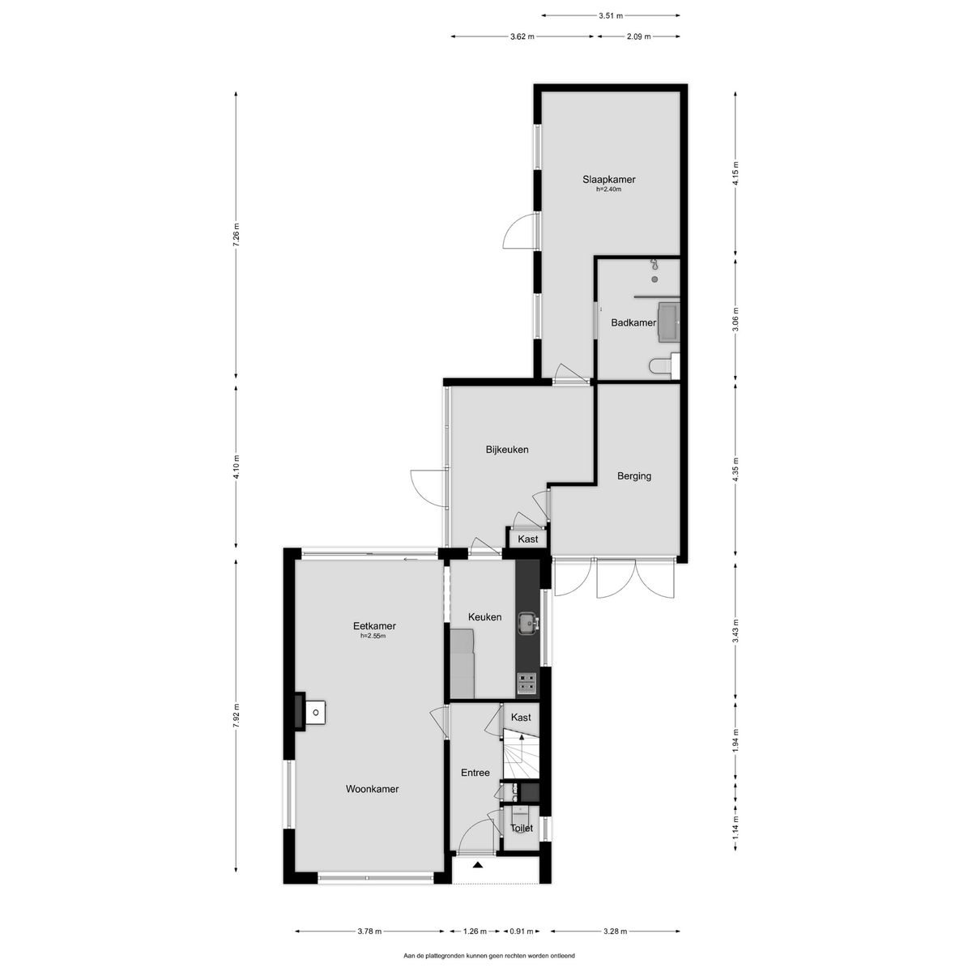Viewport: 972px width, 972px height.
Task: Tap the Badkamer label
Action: [633, 322]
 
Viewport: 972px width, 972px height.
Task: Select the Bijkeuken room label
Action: [507, 450]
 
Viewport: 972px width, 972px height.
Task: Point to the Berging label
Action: [633, 476]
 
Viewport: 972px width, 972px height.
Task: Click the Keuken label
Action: [484, 617]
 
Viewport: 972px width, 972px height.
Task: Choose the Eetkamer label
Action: [373, 625]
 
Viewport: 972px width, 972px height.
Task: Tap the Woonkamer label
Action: [372, 789]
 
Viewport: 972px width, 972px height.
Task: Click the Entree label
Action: [475, 773]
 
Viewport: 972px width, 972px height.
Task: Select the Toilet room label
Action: [522, 829]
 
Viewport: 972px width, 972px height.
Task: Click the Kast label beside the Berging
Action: [528, 539]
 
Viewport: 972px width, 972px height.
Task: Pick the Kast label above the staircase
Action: [521, 718]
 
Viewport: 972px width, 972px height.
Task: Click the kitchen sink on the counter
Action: [528, 621]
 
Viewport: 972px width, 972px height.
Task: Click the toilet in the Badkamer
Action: [660, 366]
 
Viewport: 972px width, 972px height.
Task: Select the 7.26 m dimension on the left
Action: [237, 237]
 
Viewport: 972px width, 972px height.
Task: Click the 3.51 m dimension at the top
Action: [611, 15]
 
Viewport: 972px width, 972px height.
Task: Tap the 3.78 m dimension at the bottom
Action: [369, 932]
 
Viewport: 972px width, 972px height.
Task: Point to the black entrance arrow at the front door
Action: [479, 865]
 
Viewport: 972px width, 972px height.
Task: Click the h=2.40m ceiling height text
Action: [608, 190]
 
